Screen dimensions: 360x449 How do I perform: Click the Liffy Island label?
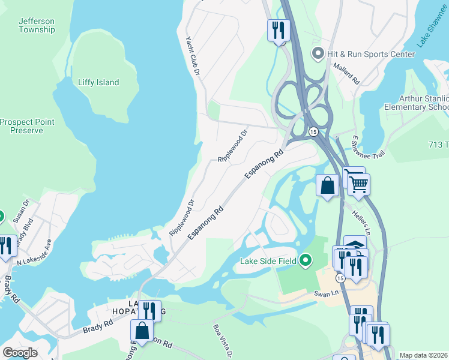click(x=98, y=83)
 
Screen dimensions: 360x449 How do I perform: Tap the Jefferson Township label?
click(x=37, y=25)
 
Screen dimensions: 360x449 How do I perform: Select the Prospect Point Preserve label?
click(x=28, y=126)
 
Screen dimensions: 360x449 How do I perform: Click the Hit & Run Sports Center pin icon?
click(x=318, y=54)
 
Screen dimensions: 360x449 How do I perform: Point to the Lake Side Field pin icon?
click(x=306, y=260)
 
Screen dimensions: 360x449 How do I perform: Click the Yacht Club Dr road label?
click(x=193, y=55)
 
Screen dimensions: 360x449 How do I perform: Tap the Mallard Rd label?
click(x=346, y=73)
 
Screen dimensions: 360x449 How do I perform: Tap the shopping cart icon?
click(x=358, y=183)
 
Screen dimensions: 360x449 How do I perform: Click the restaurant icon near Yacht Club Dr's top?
click(x=279, y=29)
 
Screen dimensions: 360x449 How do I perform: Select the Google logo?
click(x=20, y=353)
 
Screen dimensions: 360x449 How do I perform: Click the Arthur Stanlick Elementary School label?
click(x=424, y=103)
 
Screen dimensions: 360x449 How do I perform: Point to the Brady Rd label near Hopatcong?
click(x=98, y=326)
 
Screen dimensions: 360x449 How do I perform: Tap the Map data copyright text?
click(x=424, y=355)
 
